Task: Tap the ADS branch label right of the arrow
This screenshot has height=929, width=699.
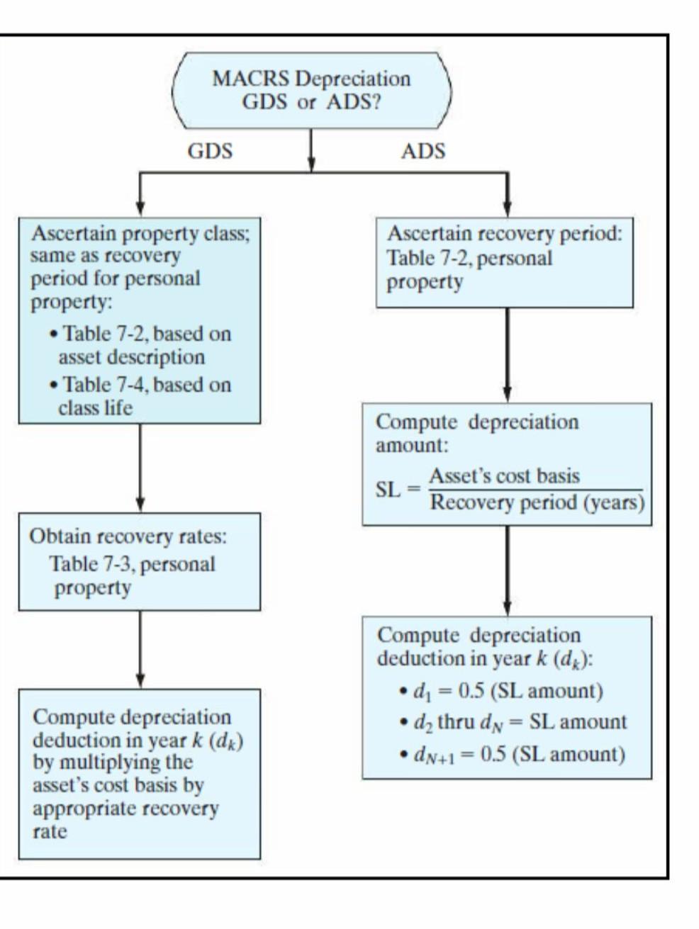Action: tap(423, 151)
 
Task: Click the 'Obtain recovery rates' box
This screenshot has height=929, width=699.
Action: tap(139, 561)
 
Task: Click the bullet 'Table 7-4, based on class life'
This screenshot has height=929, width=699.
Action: tap(146, 396)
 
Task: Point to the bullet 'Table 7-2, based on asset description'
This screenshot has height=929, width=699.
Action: tap(146, 345)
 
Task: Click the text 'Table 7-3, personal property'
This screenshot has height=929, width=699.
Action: tap(131, 575)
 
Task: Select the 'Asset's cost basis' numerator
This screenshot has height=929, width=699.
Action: tap(504, 475)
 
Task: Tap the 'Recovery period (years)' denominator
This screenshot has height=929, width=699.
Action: tap(537, 502)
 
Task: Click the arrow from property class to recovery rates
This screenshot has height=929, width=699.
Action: tap(140, 468)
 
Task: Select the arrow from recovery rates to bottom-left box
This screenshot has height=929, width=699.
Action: tap(140, 648)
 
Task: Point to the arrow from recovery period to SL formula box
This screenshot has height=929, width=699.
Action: tap(507, 354)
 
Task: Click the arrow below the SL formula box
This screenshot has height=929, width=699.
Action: tap(507, 570)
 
